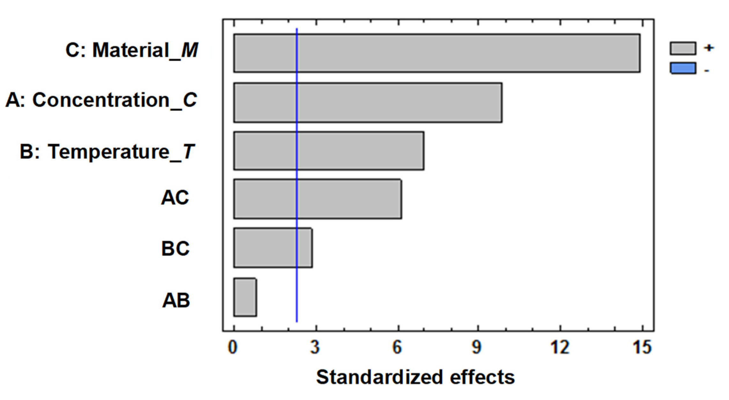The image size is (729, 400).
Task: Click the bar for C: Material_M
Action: (x=437, y=53)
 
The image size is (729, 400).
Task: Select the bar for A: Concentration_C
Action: (x=368, y=102)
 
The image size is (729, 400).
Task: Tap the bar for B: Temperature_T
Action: (x=329, y=151)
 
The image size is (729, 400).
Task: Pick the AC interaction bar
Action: (x=317, y=199)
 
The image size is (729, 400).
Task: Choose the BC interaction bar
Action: (x=273, y=248)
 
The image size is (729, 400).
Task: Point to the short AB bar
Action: (x=245, y=297)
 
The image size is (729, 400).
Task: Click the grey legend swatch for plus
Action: (x=683, y=48)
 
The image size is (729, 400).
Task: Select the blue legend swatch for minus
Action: (x=683, y=68)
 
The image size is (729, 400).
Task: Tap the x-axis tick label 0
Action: (x=233, y=347)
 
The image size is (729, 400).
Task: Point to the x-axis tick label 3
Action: (x=315, y=347)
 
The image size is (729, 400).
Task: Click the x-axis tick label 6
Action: (x=397, y=347)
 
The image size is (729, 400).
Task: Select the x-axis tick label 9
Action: (x=477, y=347)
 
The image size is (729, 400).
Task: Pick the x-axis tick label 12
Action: (x=560, y=347)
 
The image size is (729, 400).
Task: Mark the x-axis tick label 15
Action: (x=642, y=347)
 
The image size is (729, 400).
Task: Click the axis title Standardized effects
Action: (x=415, y=377)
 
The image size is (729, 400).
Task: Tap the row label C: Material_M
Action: (x=132, y=50)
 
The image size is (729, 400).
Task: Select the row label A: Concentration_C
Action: (x=101, y=100)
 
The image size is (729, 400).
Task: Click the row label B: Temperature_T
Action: (x=107, y=151)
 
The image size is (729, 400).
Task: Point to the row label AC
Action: (x=175, y=198)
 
